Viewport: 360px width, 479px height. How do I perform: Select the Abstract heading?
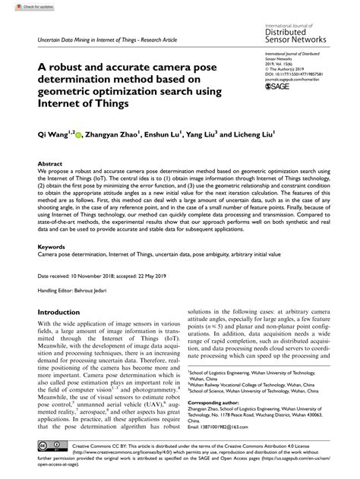tap(50, 163)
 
